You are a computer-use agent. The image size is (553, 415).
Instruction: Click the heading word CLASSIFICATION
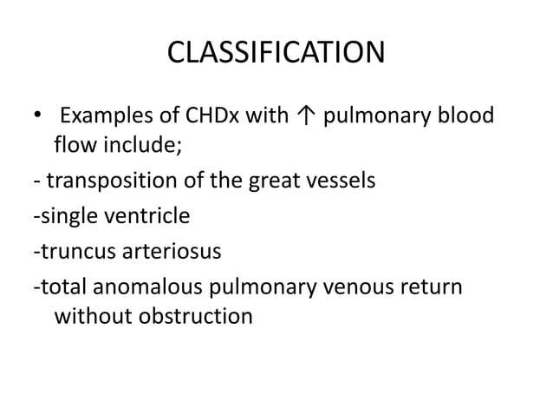(x=276, y=54)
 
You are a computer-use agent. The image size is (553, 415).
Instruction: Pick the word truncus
(x=72, y=252)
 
